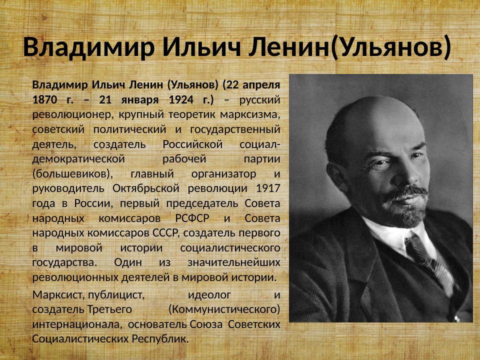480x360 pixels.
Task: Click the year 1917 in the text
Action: [x=267, y=188]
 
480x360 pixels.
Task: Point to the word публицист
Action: [x=117, y=294]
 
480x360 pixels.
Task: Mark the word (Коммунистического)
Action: [x=224, y=309]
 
